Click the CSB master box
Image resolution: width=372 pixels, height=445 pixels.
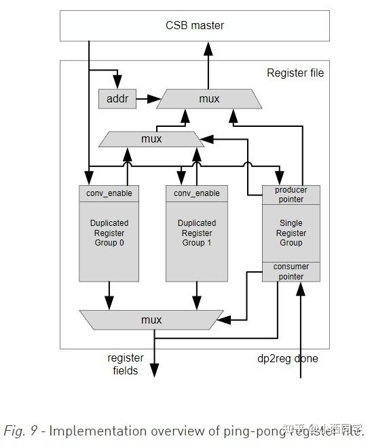tap(195, 26)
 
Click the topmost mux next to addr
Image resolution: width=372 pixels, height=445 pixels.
tap(209, 99)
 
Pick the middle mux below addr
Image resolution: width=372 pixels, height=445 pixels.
tap(151, 139)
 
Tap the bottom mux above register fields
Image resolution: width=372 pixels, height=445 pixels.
tap(151, 319)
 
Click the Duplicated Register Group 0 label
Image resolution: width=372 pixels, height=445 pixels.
tap(109, 233)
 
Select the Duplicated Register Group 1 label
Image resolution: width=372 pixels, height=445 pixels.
tap(197, 233)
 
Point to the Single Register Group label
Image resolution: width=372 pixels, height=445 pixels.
tap(291, 233)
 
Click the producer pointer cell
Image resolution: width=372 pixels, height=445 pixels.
tap(291, 195)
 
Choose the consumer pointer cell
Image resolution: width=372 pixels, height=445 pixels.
tap(291, 271)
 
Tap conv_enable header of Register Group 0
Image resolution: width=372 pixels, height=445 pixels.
tap(109, 193)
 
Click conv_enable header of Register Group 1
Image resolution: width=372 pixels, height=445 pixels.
tap(197, 193)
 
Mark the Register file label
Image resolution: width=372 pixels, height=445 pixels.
tap(295, 73)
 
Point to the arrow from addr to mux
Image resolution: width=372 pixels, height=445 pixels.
tap(147, 99)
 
